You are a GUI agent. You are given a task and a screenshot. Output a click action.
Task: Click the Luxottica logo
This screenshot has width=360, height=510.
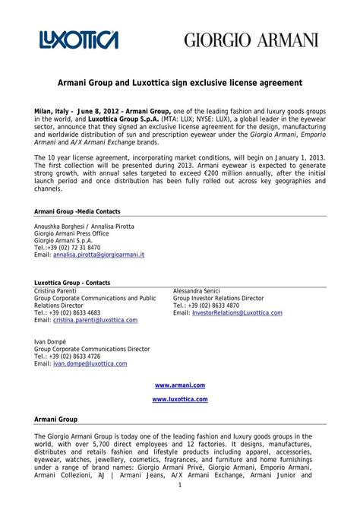[x=79, y=39]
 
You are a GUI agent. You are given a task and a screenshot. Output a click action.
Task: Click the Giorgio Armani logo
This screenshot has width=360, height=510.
[x=248, y=40]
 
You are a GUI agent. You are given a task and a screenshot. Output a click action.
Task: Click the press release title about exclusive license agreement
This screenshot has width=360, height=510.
[x=179, y=81]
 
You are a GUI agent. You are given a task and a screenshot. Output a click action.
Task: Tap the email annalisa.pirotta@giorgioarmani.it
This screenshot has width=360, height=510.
[x=99, y=255]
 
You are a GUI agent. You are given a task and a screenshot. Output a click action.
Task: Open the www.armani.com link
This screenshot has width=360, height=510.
[x=179, y=386]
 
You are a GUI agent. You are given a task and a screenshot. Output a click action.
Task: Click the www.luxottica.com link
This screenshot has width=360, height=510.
[x=179, y=399]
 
